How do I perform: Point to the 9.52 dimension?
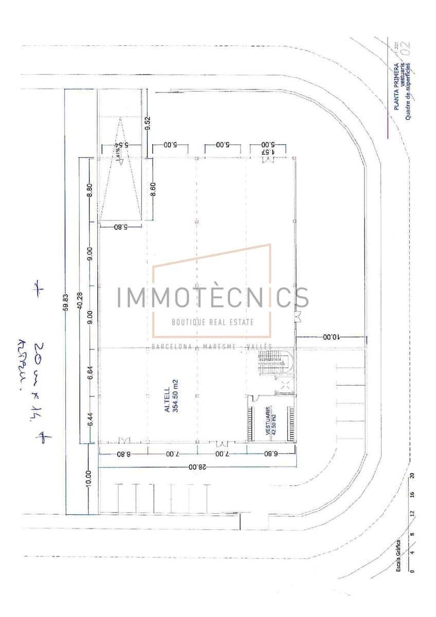(x=147, y=123)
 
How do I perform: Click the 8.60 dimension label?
(x=153, y=189)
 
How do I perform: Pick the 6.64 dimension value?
(x=90, y=372)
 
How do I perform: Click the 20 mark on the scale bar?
(x=412, y=475)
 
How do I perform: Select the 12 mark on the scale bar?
(x=412, y=514)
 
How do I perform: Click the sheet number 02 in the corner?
(x=406, y=48)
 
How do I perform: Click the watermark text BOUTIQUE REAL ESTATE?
(x=212, y=322)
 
